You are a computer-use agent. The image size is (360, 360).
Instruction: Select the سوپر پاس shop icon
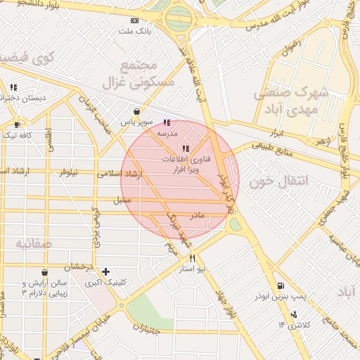pyautogui.click(x=136, y=111)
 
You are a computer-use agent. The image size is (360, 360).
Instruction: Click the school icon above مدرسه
pyautogui.click(x=167, y=122)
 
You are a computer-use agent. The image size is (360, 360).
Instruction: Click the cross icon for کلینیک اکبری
pyautogui.click(x=105, y=271)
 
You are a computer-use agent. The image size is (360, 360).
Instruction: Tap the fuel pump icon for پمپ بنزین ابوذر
pyautogui.click(x=282, y=286)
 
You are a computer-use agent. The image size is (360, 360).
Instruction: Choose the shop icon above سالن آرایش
pyautogui.click(x=44, y=272)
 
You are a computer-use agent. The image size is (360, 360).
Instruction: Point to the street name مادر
pyautogui.click(x=197, y=214)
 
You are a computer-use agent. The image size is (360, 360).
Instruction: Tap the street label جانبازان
pyautogui.click(x=146, y=329)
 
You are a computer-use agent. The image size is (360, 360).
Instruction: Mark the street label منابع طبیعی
pyautogui.click(x=267, y=146)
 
